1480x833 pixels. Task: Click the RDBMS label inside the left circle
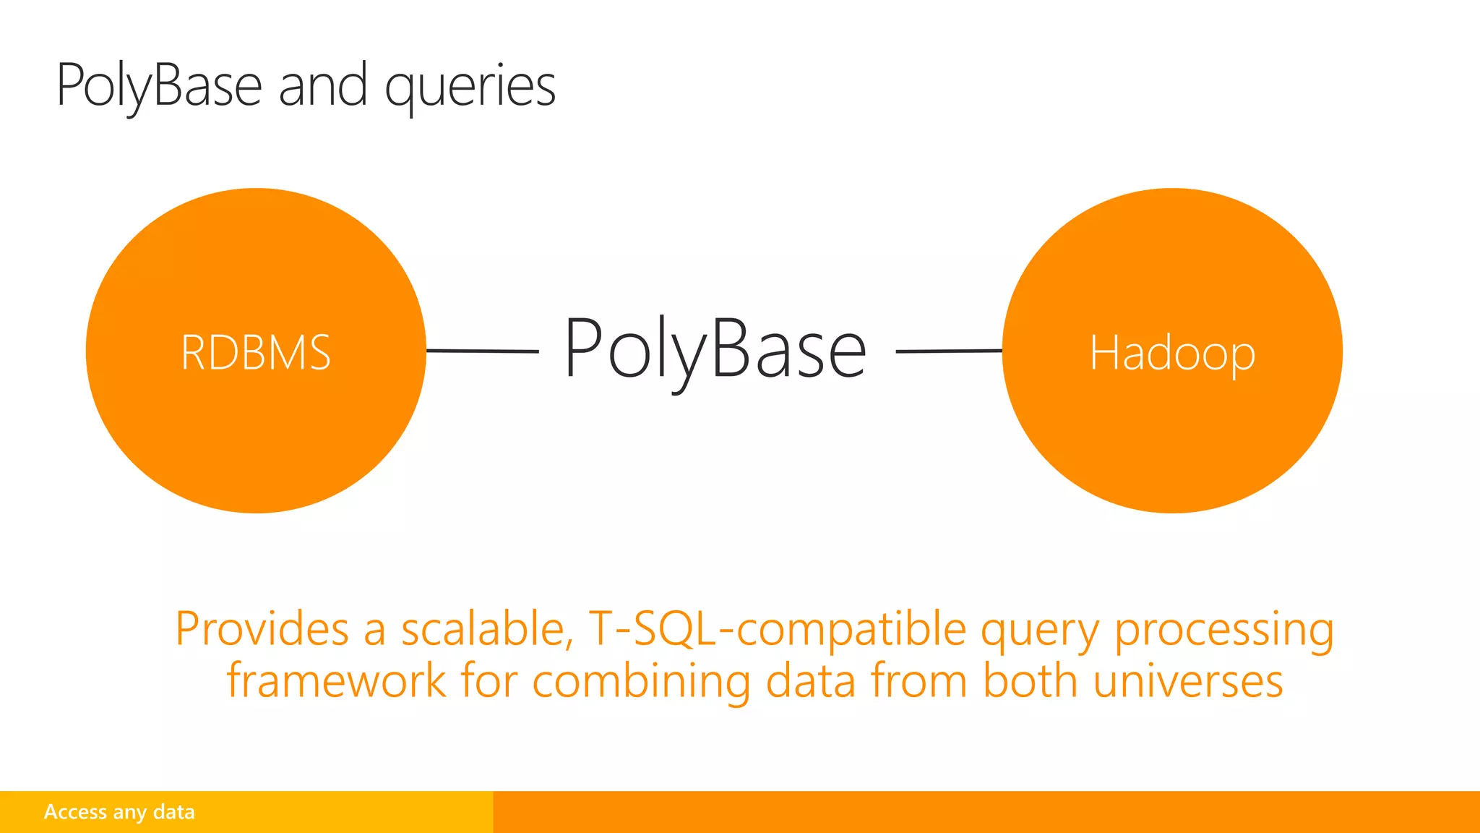[256, 353]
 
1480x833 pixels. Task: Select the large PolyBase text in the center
[715, 349]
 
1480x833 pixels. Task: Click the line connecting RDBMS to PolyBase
[482, 351]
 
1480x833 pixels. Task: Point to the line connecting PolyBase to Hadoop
[949, 351]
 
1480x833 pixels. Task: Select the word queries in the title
[470, 87]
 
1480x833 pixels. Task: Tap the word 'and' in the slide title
[323, 85]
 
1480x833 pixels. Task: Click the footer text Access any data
[119, 812]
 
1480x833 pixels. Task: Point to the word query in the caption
[1040, 631]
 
